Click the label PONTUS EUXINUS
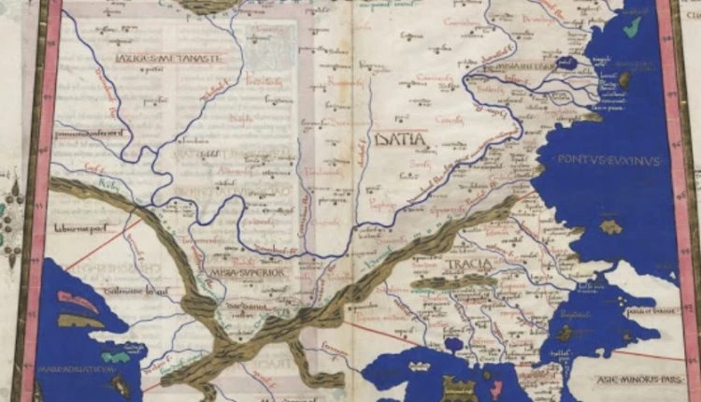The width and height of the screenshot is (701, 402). [608, 161]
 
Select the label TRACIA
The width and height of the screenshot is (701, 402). [467, 266]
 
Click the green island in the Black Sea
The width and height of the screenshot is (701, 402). [633, 25]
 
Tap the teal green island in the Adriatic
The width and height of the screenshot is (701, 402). [116, 356]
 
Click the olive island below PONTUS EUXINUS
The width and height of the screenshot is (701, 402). [611, 226]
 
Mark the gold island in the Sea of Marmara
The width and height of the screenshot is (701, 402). [565, 332]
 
